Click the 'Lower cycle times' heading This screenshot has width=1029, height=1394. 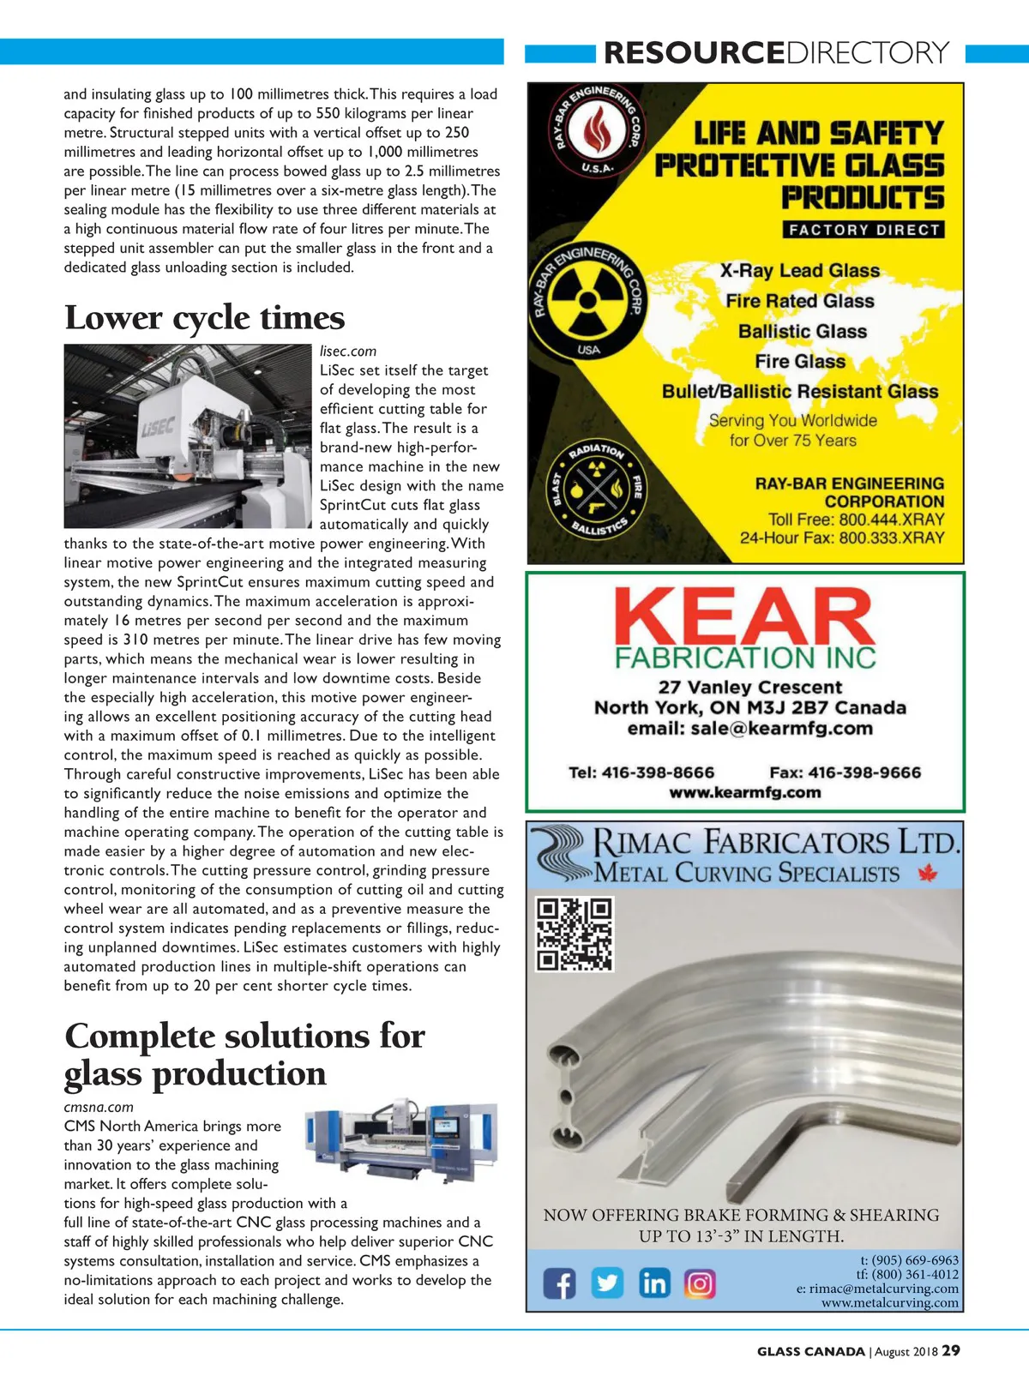point(204,318)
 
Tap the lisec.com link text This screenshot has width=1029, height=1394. point(347,352)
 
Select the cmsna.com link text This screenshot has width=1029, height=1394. point(99,1107)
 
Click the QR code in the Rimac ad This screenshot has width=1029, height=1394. point(574,934)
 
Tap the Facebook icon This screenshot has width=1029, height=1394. point(560,1283)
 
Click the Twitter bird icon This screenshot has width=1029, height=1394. point(607,1283)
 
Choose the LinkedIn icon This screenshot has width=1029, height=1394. point(653,1283)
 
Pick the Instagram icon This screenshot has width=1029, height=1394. point(700,1283)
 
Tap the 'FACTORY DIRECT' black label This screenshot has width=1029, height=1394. point(864,230)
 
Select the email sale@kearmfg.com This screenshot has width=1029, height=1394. point(749,729)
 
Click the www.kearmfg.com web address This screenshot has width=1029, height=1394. point(744,793)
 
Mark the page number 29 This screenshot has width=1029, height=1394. point(951,1351)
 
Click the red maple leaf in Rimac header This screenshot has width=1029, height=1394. point(927,874)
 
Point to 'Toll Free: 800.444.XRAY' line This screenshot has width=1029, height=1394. point(856,520)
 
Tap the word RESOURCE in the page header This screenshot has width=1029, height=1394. point(694,53)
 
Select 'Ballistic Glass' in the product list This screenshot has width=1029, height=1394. point(802,332)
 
